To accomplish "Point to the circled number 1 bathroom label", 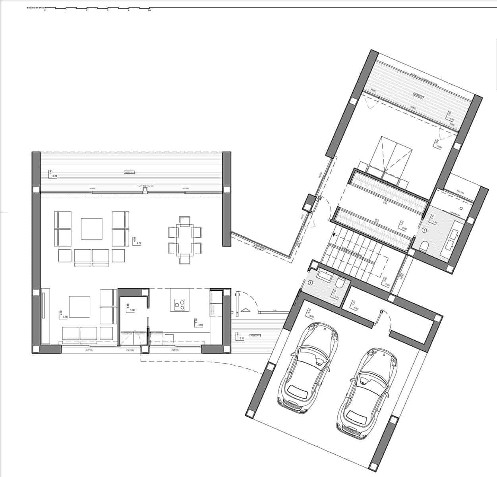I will (424, 230).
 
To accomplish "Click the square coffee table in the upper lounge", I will (91, 228).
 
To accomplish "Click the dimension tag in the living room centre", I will (136, 241).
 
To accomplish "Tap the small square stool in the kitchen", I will (169, 338).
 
